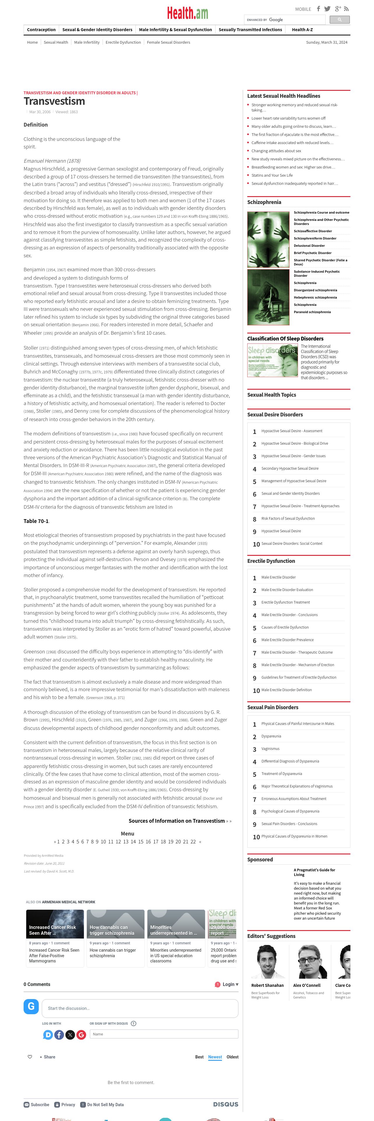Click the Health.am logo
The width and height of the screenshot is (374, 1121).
pos(187,13)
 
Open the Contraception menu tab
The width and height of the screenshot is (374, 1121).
pos(41,30)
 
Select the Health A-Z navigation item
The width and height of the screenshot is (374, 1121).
pos(302,30)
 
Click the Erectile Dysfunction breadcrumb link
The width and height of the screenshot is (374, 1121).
pos(123,42)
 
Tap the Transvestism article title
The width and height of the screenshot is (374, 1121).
pos(54,101)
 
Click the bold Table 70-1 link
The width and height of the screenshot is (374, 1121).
pos(36,521)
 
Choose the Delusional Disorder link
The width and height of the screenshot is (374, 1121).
pos(309,245)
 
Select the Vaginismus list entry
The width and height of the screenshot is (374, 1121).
pos(270,748)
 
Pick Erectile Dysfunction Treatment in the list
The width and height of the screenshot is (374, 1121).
pos(286,602)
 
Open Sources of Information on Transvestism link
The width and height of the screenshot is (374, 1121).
pos(177,821)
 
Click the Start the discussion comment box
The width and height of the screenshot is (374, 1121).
pos(140,1008)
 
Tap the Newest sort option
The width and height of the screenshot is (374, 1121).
pos(215,1057)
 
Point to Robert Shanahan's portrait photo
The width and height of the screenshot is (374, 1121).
pos(267,961)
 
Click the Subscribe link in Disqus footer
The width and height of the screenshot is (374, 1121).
pos(37,1104)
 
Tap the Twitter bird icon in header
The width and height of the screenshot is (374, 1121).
pos(327,9)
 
